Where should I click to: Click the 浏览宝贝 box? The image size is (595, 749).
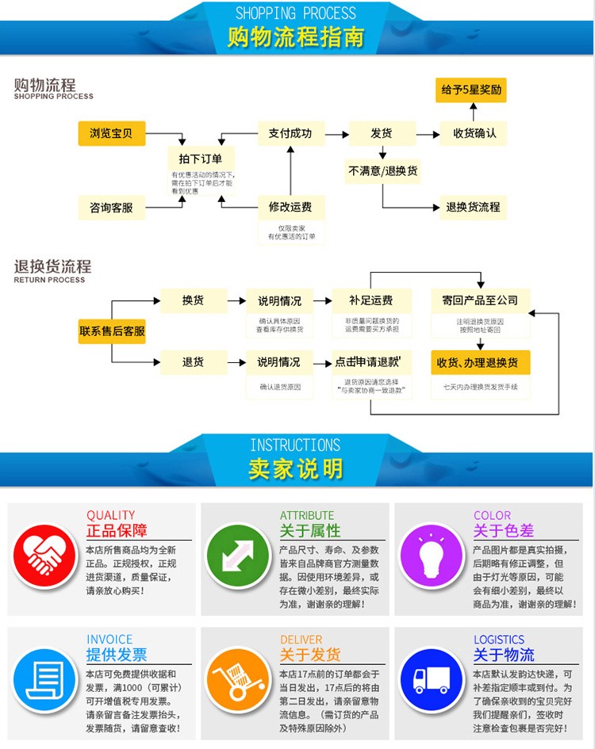coord(111,133)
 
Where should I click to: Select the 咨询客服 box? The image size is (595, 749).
coord(111,208)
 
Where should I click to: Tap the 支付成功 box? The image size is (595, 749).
coord(290,133)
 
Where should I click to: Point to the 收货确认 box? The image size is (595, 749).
coord(474,133)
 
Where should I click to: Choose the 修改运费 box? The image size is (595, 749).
coord(290,207)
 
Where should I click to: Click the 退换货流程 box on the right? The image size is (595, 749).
coord(473,207)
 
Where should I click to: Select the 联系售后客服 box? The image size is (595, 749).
coord(112,331)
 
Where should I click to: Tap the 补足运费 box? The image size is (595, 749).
coord(371,300)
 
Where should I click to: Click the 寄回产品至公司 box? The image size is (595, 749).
coord(480,300)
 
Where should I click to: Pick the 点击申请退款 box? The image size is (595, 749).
coord(371,362)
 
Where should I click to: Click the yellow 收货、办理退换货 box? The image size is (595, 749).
coord(480,362)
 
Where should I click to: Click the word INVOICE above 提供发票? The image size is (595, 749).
coord(109,640)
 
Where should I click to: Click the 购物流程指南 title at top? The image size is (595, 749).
coord(296,37)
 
